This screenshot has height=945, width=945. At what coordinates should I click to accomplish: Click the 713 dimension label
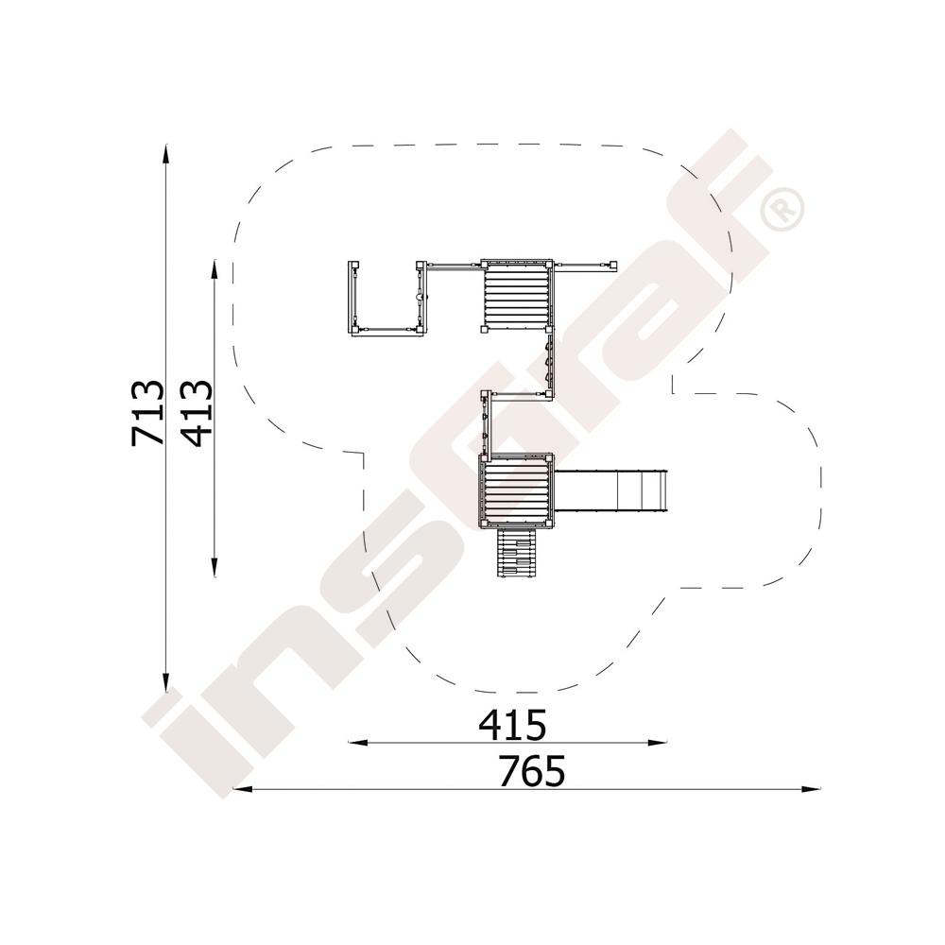[147, 413]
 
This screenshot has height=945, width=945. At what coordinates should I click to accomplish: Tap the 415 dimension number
[512, 725]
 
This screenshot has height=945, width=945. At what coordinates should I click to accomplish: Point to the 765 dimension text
[532, 771]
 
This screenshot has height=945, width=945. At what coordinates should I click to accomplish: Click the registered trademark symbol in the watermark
[782, 209]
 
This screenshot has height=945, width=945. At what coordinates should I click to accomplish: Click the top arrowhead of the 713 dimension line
[165, 154]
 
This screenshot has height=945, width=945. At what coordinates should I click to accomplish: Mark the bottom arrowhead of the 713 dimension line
[165, 684]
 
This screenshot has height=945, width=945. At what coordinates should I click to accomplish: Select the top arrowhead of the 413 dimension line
[214, 269]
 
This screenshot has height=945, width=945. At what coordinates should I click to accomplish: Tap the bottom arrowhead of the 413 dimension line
[214, 567]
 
